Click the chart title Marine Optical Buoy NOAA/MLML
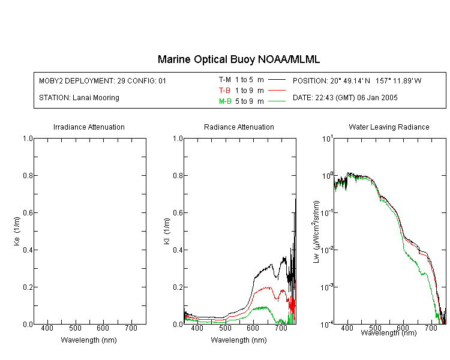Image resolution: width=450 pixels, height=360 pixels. tap(238, 59)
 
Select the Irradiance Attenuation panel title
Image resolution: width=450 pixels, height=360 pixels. tap(89, 127)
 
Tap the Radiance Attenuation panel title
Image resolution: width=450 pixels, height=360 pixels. tap(239, 127)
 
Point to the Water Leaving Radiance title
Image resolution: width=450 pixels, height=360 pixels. tap(389, 127)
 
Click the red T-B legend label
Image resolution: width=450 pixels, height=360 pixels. tap(224, 91)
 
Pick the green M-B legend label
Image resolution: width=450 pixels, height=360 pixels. tap(225, 101)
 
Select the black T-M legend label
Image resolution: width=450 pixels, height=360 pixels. tap(225, 80)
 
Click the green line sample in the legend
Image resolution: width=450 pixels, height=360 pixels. tap(277, 101)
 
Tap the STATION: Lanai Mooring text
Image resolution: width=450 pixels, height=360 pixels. tap(79, 98)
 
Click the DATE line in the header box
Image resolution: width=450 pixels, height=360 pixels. tap(345, 98)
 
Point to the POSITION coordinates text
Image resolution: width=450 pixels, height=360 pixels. tap(357, 80)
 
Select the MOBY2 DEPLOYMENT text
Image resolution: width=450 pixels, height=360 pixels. tap(103, 80)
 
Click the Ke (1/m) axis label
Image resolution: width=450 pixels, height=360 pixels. tap(17, 231)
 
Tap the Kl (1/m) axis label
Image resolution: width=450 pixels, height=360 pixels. tap(167, 231)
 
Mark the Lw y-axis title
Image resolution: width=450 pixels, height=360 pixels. tap(316, 232)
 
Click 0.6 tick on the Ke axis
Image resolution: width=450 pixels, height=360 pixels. tap(28, 213)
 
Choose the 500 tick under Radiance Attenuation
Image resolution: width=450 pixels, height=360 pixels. tap(225, 328)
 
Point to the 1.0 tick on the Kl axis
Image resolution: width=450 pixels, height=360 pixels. tap(178, 139)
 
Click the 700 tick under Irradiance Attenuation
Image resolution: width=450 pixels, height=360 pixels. tap(131, 328)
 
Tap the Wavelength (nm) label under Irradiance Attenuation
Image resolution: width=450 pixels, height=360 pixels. tap(89, 340)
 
